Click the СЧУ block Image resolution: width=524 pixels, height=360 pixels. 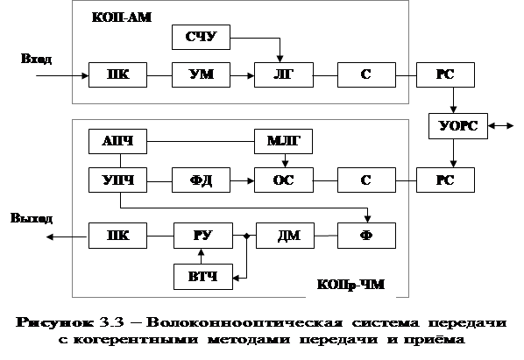[x=201, y=37]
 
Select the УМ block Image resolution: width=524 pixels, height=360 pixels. [x=201, y=74]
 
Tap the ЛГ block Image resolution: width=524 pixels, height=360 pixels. [x=284, y=74]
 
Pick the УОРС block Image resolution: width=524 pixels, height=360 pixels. [x=458, y=126]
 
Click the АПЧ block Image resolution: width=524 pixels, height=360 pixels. [x=117, y=142]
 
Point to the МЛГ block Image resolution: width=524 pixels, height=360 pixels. [x=283, y=142]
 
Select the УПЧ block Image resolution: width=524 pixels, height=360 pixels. [x=117, y=180]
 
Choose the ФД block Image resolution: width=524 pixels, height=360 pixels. [x=201, y=180]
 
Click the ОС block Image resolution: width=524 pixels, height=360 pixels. [x=284, y=180]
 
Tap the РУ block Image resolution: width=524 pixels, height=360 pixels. [x=203, y=236]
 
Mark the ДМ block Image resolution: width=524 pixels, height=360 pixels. [x=285, y=236]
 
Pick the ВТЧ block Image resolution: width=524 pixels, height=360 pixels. [x=203, y=277]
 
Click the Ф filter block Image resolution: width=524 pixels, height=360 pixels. [x=366, y=236]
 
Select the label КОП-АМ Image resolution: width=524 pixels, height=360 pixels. [x=122, y=18]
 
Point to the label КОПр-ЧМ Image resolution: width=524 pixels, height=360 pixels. [x=351, y=285]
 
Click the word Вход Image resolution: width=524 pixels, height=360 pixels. [x=37, y=59]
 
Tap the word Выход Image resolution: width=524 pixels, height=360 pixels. [x=32, y=218]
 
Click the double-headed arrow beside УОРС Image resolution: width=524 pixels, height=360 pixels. [x=500, y=126]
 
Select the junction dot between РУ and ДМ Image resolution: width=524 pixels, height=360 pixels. [x=246, y=236]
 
